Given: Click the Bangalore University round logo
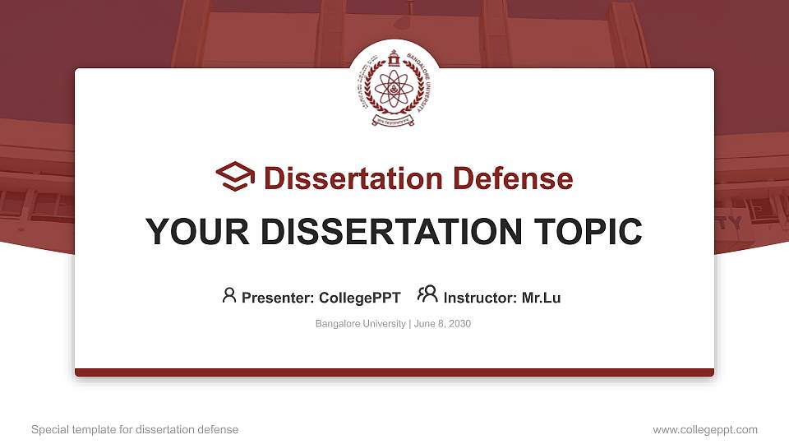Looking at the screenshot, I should [394, 86].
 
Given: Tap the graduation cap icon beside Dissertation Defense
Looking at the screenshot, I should [236, 178].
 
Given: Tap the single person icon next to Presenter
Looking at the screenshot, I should [229, 295].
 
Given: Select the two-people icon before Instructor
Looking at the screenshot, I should [427, 294].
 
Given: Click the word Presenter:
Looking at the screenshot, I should [277, 298].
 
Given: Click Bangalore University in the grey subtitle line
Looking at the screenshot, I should [360, 324].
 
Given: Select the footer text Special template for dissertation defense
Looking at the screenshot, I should [135, 429].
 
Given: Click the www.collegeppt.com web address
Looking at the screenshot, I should [705, 429].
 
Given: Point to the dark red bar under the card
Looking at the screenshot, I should [394, 372].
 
